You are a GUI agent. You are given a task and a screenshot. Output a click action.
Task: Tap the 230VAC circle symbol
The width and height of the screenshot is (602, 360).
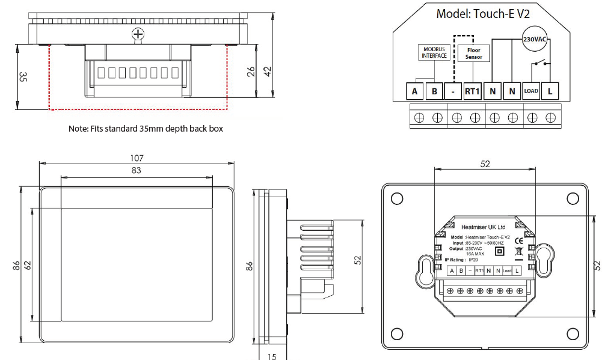[534, 38]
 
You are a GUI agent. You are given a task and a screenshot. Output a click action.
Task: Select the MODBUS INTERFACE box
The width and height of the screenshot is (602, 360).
[434, 52]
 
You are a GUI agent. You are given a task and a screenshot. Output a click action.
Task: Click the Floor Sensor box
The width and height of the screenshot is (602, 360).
[473, 53]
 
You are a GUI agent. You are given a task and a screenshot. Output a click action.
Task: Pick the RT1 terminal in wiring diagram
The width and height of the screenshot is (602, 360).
[472, 91]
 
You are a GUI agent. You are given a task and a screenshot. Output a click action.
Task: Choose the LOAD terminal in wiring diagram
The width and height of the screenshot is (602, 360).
[531, 91]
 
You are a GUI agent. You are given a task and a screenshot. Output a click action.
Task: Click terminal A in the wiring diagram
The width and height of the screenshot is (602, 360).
[414, 91]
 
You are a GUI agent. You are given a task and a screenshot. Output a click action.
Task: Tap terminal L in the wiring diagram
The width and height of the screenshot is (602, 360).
[550, 91]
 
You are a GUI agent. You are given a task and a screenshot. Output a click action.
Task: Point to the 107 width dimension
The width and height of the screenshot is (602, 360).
[137, 158]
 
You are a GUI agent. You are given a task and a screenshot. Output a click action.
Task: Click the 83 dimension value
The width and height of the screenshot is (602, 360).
[137, 171]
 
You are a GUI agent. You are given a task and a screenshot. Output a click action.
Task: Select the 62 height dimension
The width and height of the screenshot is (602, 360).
[27, 264]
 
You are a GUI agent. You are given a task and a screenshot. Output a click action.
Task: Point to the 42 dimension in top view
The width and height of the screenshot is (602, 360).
[268, 70]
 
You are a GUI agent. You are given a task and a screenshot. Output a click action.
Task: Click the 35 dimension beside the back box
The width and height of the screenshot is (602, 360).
[23, 77]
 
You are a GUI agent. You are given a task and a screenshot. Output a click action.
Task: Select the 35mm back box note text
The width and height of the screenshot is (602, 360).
[146, 129]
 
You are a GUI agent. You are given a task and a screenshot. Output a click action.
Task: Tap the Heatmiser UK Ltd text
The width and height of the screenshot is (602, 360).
[483, 227]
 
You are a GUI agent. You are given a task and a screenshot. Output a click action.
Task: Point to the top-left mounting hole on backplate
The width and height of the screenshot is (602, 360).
[397, 199]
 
